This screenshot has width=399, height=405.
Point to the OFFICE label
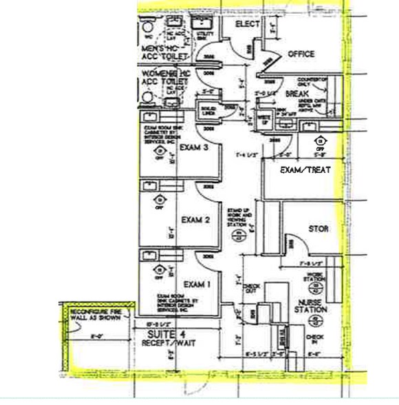[301, 54]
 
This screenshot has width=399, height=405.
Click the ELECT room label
[247, 24]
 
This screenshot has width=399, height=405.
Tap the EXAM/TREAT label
[305, 169]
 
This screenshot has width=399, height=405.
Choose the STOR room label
[319, 229]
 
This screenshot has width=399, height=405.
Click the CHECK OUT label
[252, 289]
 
